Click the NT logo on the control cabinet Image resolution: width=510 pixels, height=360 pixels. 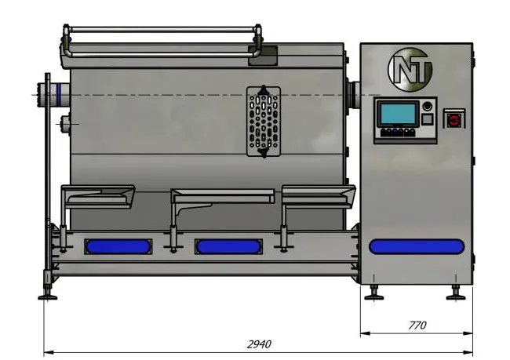[x=410, y=70]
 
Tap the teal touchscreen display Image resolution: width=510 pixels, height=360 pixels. [x=398, y=113]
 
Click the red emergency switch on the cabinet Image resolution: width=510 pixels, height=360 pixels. [x=454, y=120]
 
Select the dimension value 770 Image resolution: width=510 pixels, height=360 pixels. [x=417, y=325]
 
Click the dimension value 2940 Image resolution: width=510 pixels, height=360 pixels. [x=259, y=344]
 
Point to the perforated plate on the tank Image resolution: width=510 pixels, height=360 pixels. [x=264, y=122]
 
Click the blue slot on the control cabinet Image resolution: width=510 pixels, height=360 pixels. [x=417, y=246]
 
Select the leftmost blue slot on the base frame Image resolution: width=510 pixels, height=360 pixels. [x=118, y=246]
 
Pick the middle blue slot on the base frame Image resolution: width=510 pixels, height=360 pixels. [x=228, y=246]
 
